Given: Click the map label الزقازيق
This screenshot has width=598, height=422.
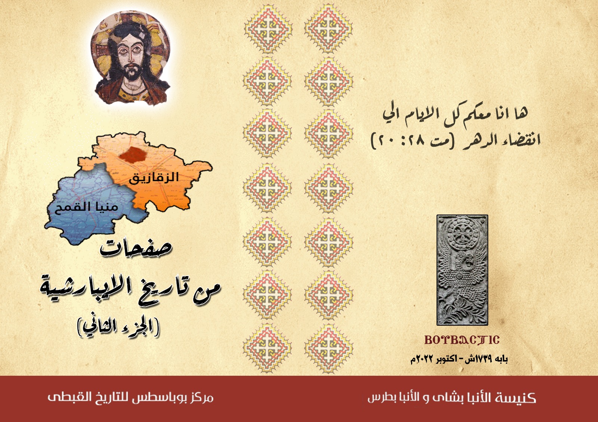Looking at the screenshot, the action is tap(154, 177).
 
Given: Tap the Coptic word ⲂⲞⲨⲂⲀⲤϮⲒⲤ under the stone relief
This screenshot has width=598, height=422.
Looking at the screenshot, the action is tap(462, 340).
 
